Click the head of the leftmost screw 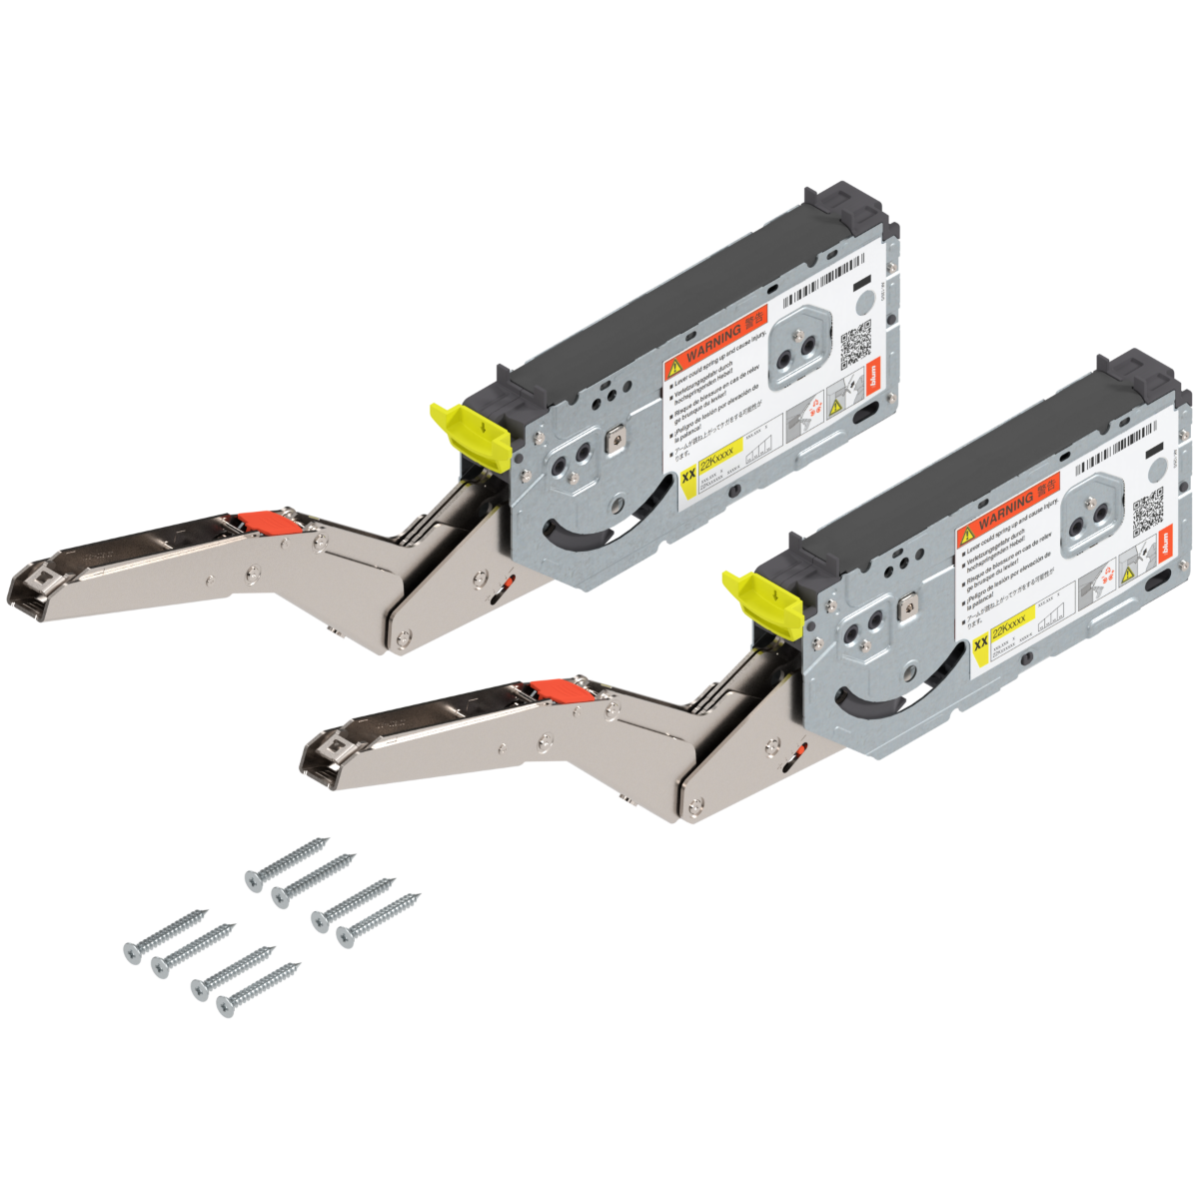coord(130,952)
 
